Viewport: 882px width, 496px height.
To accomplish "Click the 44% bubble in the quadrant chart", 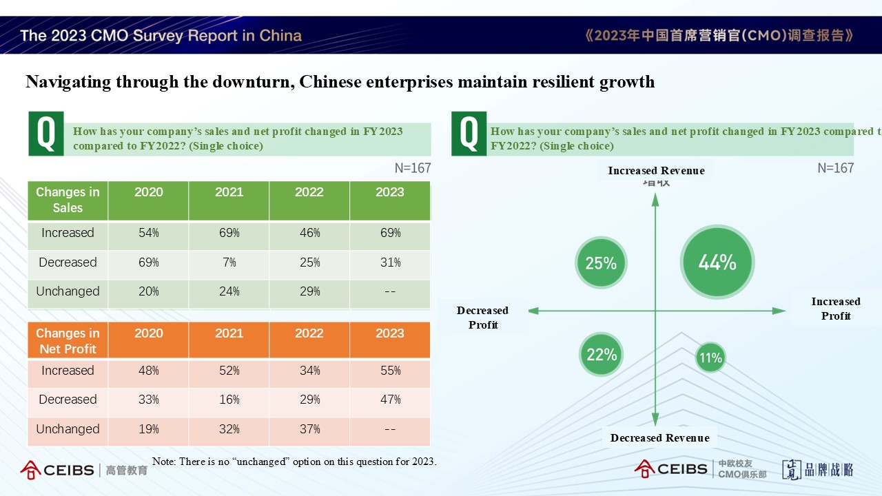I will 717,262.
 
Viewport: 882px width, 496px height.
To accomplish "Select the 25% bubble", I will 601,262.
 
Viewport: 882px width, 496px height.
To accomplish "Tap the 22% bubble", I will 602,354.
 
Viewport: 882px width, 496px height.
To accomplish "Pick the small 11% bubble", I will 710,358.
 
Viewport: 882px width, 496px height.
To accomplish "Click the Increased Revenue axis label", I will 656,171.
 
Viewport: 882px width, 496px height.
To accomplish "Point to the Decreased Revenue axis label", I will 659,438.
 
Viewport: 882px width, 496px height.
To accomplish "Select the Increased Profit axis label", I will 835,309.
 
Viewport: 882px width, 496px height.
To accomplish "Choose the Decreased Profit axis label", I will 482,318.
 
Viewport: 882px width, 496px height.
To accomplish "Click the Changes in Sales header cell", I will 68,200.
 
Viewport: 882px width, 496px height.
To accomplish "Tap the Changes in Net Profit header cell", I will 68,341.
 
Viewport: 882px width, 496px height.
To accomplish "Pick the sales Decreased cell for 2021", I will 229,262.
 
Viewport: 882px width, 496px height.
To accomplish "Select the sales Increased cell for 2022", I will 309,233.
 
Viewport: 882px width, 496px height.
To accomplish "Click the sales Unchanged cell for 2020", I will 148,291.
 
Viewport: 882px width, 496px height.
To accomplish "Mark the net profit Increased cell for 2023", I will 390,371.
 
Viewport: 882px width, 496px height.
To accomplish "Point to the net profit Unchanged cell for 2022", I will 309,429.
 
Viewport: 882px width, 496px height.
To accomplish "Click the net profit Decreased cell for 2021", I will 229,400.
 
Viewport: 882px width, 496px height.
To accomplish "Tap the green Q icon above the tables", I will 45,133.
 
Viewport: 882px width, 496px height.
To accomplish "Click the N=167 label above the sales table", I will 412,168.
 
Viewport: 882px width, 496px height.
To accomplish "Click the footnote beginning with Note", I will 294,462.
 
